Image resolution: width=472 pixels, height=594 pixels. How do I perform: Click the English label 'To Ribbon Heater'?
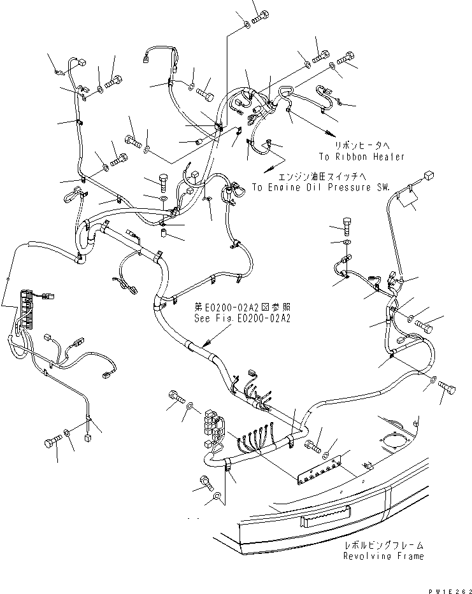coord(362,156)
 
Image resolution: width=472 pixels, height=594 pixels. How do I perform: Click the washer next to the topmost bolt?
coord(245,25)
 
